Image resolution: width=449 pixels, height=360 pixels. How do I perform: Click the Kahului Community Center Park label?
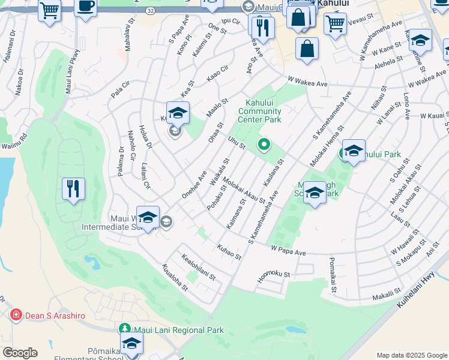click(259, 111)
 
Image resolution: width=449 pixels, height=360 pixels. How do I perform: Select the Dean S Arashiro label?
click(55, 316)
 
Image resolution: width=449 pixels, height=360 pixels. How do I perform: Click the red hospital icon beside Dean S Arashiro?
click(16, 315)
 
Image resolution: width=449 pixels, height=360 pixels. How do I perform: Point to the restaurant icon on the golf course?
click(73, 189)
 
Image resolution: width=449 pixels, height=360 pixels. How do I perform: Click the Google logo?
click(20, 353)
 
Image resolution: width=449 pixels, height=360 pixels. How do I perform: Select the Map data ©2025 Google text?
click(412, 355)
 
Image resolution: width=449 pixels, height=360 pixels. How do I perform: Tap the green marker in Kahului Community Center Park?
click(263, 144)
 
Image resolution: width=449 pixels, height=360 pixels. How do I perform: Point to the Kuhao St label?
click(229, 251)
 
